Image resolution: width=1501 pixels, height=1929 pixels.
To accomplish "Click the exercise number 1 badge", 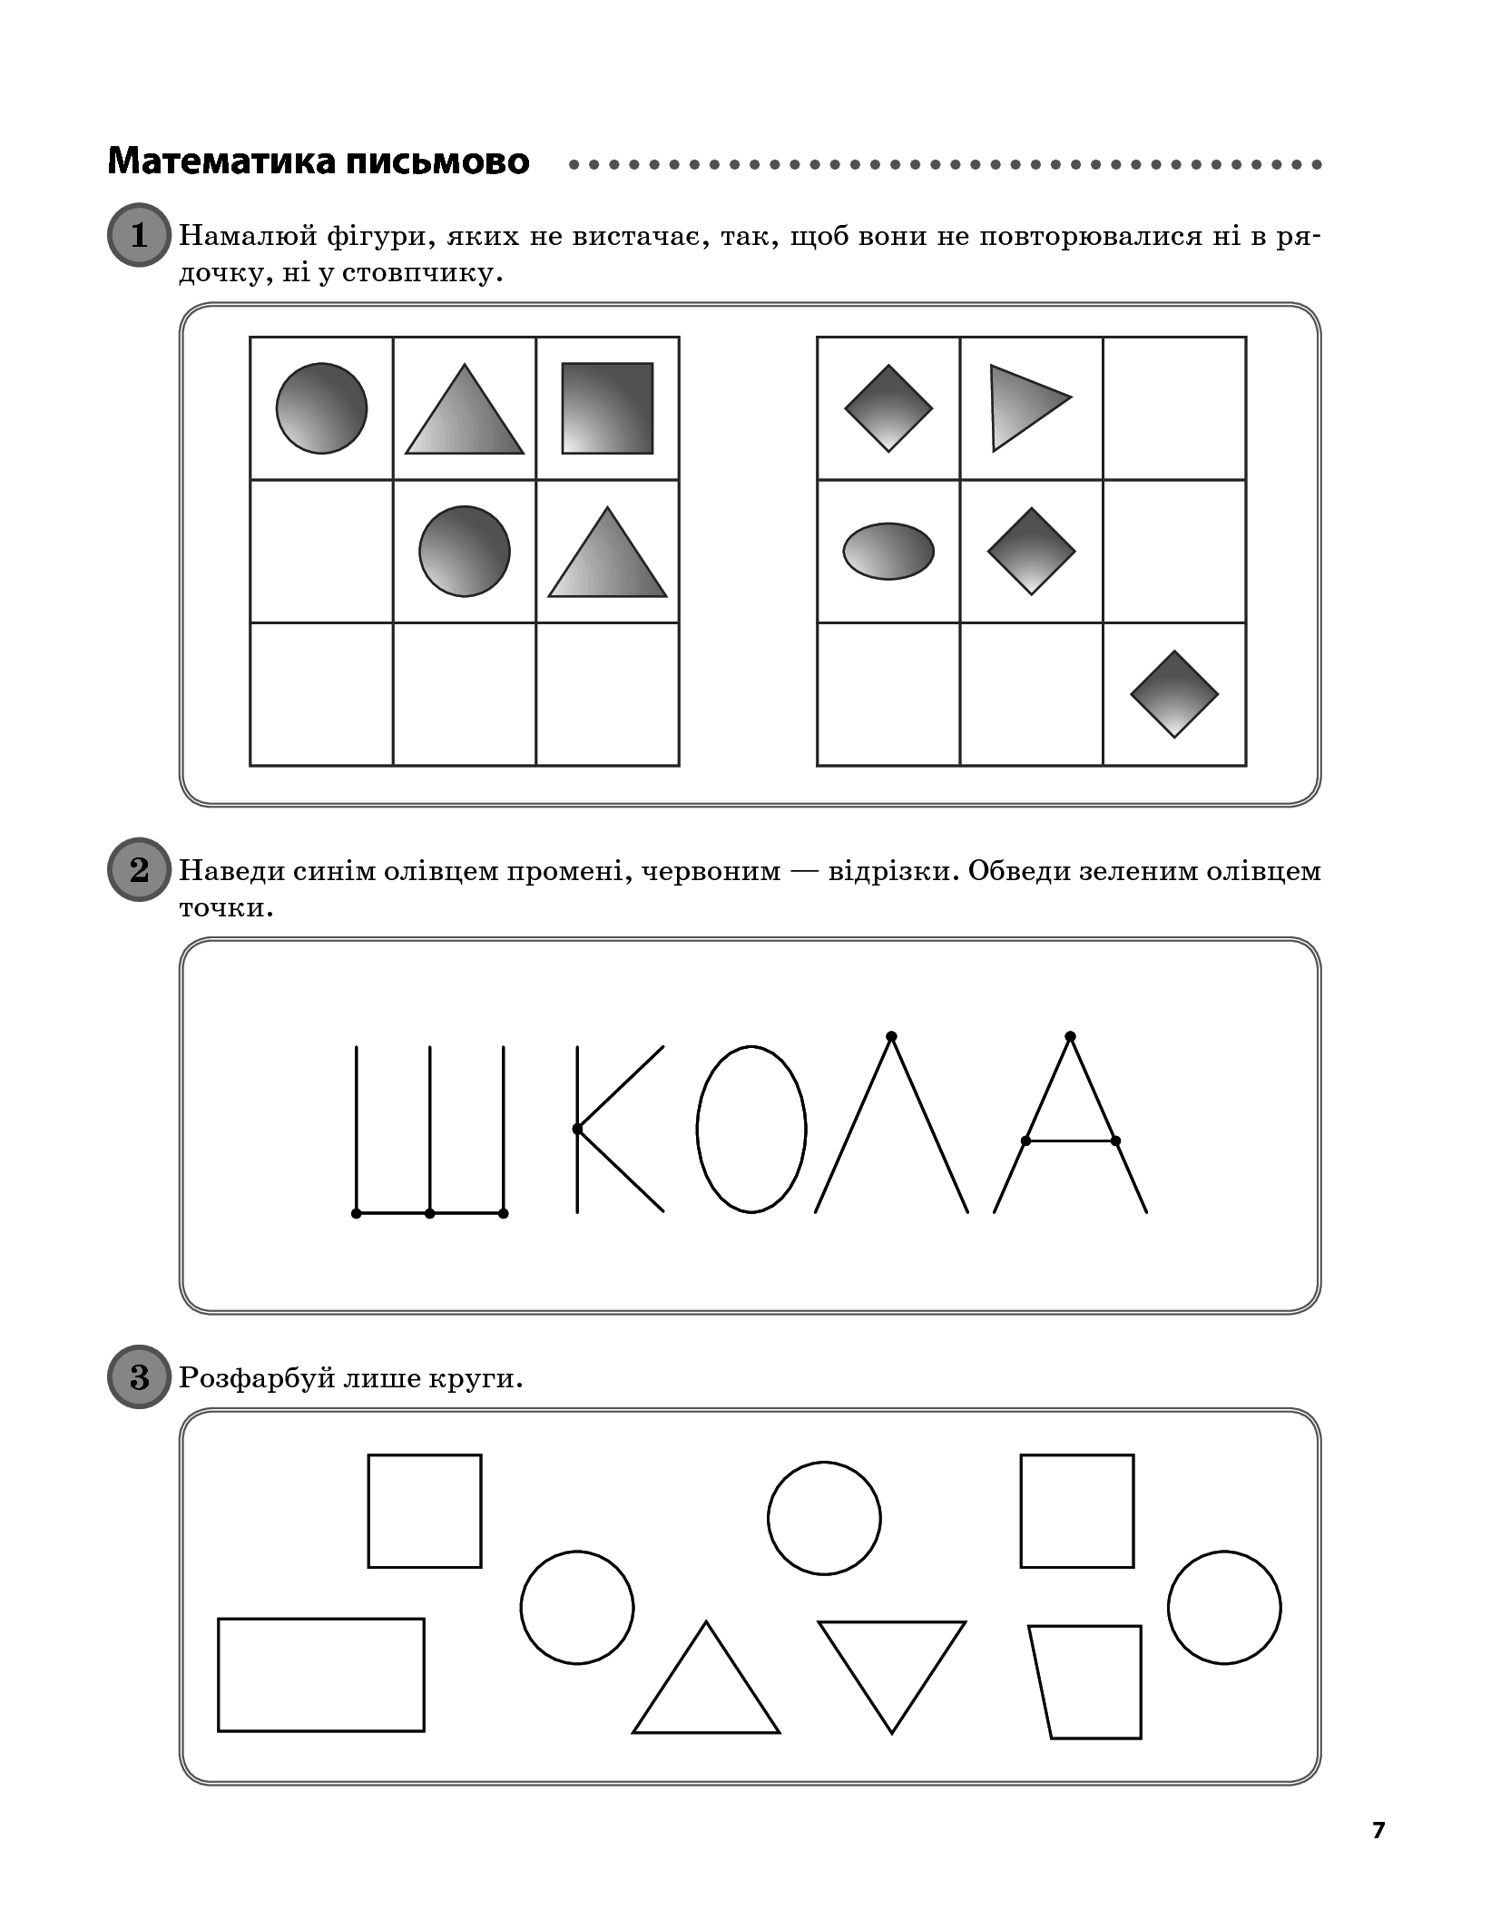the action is pos(139,235).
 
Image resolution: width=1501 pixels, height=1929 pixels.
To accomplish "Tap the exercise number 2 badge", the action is pos(139,869).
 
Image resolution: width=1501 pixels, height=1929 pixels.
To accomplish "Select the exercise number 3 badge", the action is pos(139,1376).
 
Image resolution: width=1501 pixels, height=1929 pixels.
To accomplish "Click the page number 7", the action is pos(1378,1830).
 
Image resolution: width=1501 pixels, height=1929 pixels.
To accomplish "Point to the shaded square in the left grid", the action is pos(607,408).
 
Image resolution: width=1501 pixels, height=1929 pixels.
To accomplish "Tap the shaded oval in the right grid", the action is pos(888,551).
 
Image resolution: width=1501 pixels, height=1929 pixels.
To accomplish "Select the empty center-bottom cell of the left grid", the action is pos(465,694).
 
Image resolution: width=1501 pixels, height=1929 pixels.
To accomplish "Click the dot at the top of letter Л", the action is pos(891,1036).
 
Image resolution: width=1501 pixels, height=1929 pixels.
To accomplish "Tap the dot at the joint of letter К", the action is pos(577,1129).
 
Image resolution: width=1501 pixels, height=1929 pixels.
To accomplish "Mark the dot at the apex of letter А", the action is pos(1070,1036).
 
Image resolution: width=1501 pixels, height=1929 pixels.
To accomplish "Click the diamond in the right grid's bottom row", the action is pos(1174,694).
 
